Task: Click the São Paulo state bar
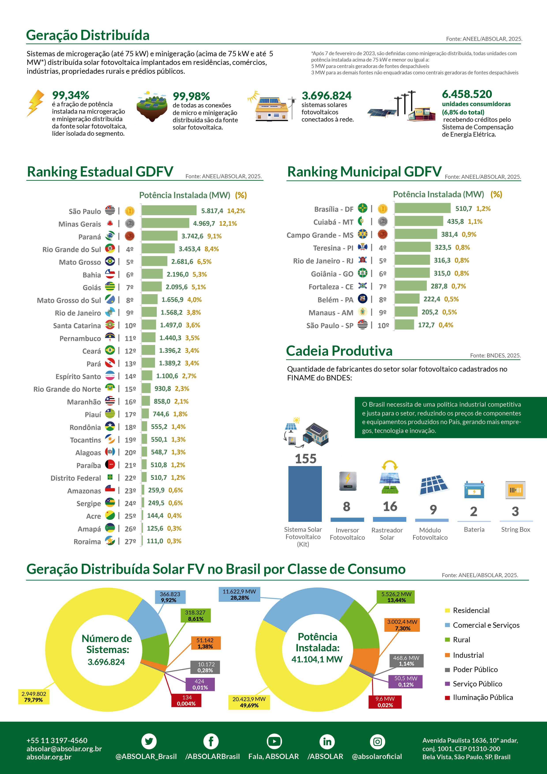[169, 210]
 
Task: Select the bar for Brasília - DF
[422, 208]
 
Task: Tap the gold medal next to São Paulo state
[130, 211]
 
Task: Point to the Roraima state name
[87, 541]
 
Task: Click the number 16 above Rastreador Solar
[390, 506]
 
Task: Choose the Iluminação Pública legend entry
[482, 697]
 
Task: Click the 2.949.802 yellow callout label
[34, 697]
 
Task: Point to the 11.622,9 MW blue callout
[239, 594]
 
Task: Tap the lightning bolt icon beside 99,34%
[36, 103]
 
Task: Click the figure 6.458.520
[467, 94]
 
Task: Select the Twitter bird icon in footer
[149, 741]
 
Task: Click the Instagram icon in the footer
[377, 742]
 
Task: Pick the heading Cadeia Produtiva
[339, 351]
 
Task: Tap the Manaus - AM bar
[406, 312]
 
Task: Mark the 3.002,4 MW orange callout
[402, 625]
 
